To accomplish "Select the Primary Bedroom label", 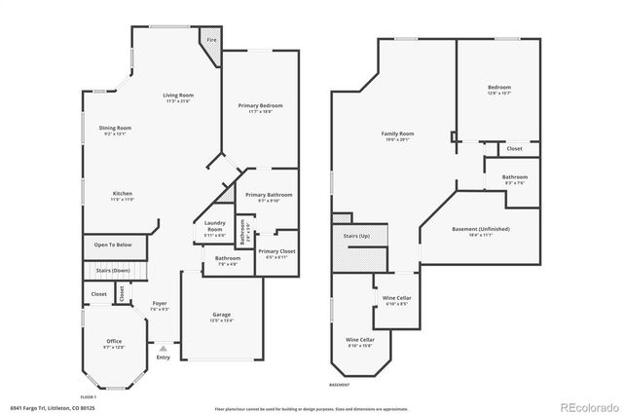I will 260,108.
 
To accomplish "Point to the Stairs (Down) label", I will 113,270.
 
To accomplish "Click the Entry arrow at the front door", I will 163,349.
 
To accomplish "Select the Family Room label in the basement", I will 397,135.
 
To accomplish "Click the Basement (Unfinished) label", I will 481,231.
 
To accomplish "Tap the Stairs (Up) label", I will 358,237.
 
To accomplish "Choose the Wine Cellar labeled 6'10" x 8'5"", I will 396,300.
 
